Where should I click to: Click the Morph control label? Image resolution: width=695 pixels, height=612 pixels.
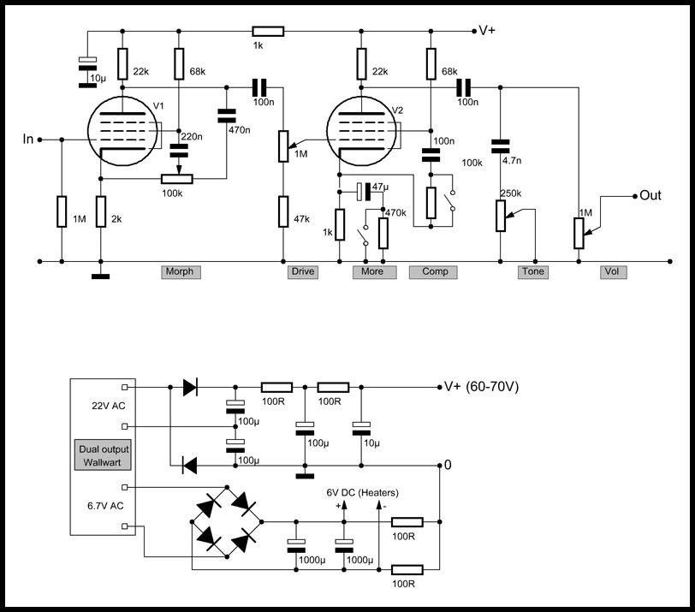pyautogui.click(x=181, y=271)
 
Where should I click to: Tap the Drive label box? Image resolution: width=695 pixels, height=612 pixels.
pyautogui.click(x=303, y=271)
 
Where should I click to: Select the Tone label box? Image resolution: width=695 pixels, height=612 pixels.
pyautogui.click(x=533, y=271)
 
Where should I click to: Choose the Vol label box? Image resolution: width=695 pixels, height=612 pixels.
pyautogui.click(x=614, y=271)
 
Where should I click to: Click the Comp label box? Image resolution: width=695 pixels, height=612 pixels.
pyautogui.click(x=433, y=271)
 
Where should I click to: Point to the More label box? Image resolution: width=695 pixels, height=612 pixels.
pyautogui.click(x=375, y=271)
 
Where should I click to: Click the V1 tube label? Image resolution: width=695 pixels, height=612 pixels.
pyautogui.click(x=158, y=106)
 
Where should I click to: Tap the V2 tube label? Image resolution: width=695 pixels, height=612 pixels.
pyautogui.click(x=398, y=110)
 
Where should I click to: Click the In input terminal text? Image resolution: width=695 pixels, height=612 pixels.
pyautogui.click(x=28, y=140)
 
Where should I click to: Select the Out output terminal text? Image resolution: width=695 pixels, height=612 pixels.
pyautogui.click(x=650, y=195)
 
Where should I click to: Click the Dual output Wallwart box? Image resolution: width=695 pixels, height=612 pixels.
pyautogui.click(x=103, y=455)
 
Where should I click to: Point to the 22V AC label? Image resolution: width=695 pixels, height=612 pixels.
pyautogui.click(x=108, y=406)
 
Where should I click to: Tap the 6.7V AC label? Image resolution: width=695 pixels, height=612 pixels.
pyautogui.click(x=105, y=506)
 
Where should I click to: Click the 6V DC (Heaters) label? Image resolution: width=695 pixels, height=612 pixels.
pyautogui.click(x=363, y=493)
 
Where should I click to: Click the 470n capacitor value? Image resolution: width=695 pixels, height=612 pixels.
pyautogui.click(x=240, y=130)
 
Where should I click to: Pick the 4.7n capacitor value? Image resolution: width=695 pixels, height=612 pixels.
pyautogui.click(x=512, y=160)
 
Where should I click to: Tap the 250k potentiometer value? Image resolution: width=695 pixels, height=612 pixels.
pyautogui.click(x=511, y=193)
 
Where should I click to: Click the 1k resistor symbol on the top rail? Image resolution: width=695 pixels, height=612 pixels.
pyautogui.click(x=268, y=31)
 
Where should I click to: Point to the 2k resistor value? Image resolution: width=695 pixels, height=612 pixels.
pyautogui.click(x=116, y=219)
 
